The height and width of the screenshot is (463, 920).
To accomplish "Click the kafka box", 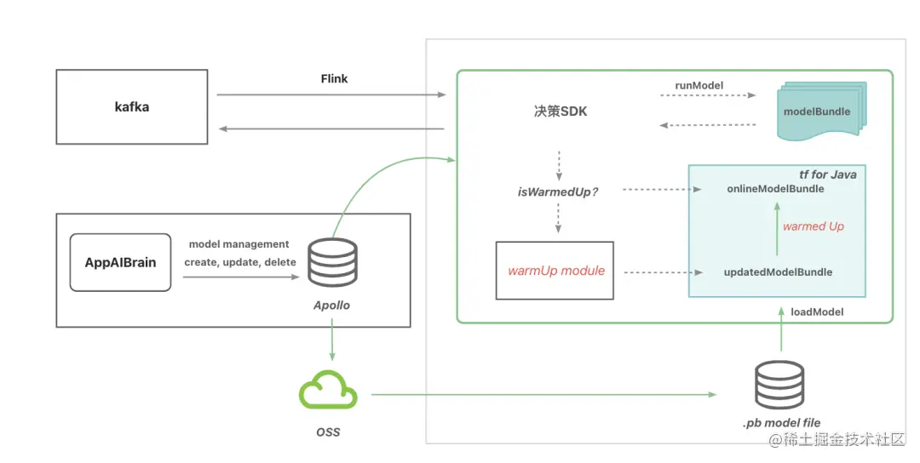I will pos(132,106).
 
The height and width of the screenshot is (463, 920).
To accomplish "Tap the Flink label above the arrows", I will pos(333,78).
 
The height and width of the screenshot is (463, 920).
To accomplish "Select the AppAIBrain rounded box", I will pos(120,262).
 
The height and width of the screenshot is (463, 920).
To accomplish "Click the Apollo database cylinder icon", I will pos(332,263).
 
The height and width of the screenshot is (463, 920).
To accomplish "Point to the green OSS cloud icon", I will pos(328,393).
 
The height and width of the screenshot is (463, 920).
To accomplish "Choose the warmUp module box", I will pos(555,271).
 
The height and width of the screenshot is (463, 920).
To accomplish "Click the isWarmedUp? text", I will pos(559,191).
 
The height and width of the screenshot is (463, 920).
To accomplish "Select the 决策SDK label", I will pos(561,111).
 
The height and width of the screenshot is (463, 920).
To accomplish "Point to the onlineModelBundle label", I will pos(775,188).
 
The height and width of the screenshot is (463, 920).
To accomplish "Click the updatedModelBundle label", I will pos(778,272).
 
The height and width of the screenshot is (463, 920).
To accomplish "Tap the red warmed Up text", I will pos(814,226).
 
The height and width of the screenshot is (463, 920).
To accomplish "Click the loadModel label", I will pos(817,312).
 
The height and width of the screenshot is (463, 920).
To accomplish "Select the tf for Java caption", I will pos(827,174).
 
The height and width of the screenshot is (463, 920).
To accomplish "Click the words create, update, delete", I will pos(240,262).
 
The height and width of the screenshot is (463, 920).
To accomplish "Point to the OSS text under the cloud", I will pos(328,432).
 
